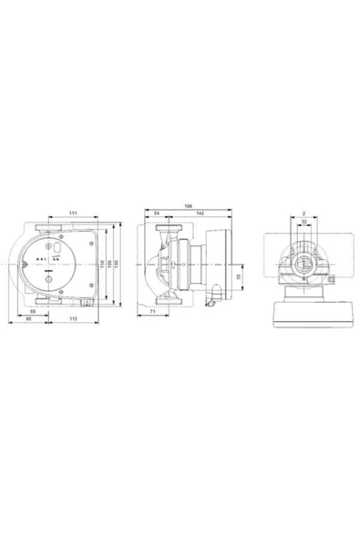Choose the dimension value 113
coord(71,320)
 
